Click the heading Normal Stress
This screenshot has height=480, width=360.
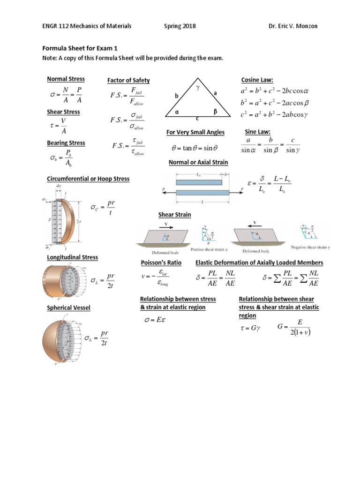(x=66, y=79)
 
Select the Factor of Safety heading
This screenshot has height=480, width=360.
(x=128, y=81)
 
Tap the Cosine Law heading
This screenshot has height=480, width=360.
(x=256, y=80)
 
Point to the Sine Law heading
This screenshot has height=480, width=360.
(x=258, y=132)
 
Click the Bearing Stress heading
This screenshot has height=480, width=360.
(x=67, y=142)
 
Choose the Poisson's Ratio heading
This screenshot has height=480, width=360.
(x=161, y=262)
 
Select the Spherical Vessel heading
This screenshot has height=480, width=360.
(x=68, y=307)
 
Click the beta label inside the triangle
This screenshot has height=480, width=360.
(x=215, y=112)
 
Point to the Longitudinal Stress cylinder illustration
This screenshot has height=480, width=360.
(x=62, y=281)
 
